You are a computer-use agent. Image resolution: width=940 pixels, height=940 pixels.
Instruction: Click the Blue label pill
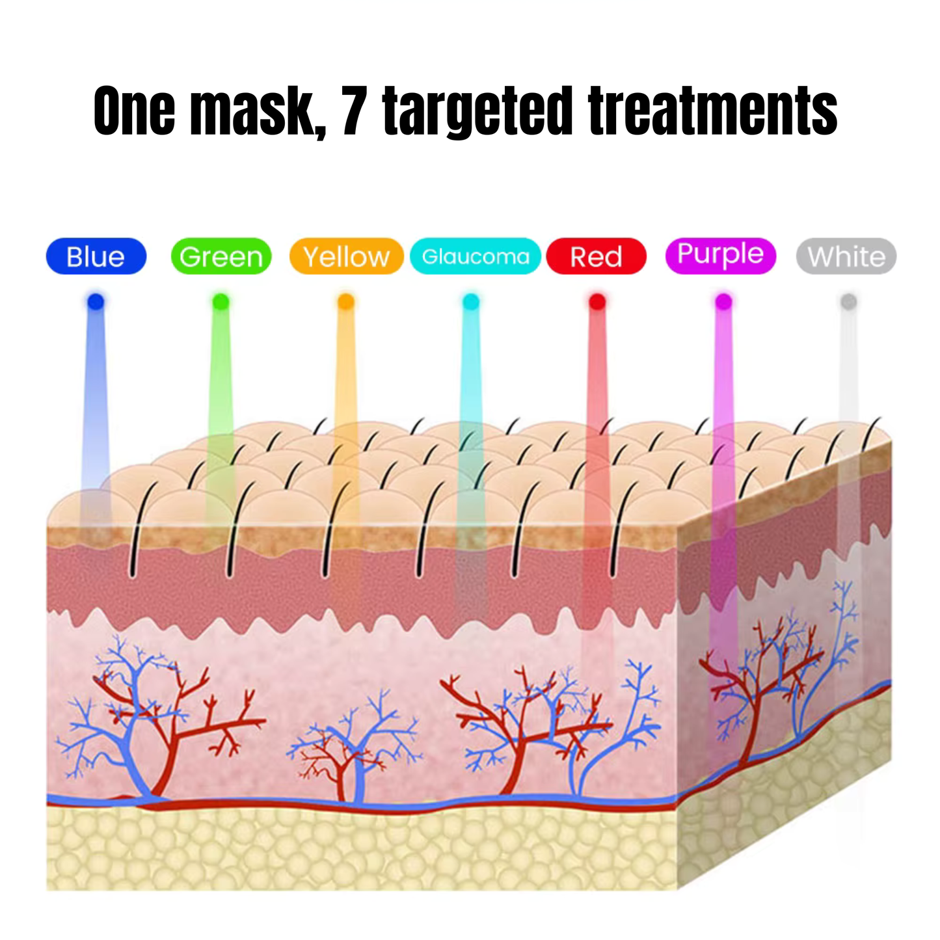click(x=96, y=256)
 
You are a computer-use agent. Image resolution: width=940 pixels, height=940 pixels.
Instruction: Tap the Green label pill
click(x=221, y=256)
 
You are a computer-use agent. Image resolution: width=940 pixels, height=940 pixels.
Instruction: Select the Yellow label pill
click(x=346, y=256)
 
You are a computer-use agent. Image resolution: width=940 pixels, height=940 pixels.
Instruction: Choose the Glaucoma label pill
click(x=475, y=256)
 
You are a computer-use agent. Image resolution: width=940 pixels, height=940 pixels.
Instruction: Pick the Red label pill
click(x=596, y=256)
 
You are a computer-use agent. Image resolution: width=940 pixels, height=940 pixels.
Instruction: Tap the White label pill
click(x=846, y=256)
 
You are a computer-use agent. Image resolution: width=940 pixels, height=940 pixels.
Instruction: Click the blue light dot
click(x=96, y=302)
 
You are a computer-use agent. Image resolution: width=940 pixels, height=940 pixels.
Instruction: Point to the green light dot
click(x=221, y=302)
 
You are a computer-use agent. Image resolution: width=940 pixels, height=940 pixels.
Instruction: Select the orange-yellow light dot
click(x=346, y=302)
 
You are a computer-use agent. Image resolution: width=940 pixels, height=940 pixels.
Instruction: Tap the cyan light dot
click(x=471, y=302)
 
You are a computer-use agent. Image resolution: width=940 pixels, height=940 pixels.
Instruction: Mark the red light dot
click(x=597, y=302)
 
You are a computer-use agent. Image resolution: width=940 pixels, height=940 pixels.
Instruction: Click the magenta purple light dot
click(x=723, y=302)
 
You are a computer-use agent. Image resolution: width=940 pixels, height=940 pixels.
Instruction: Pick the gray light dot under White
click(x=849, y=302)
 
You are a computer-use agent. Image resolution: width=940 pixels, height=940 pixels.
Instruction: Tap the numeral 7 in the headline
click(x=354, y=111)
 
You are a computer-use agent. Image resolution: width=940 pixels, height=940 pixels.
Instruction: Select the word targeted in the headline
click(x=478, y=113)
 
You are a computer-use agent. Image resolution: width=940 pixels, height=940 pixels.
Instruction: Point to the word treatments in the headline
click(x=713, y=111)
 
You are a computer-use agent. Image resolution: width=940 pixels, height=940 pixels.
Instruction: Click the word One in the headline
click(x=134, y=111)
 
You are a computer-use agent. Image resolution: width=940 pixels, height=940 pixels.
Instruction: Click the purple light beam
click(x=723, y=488)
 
